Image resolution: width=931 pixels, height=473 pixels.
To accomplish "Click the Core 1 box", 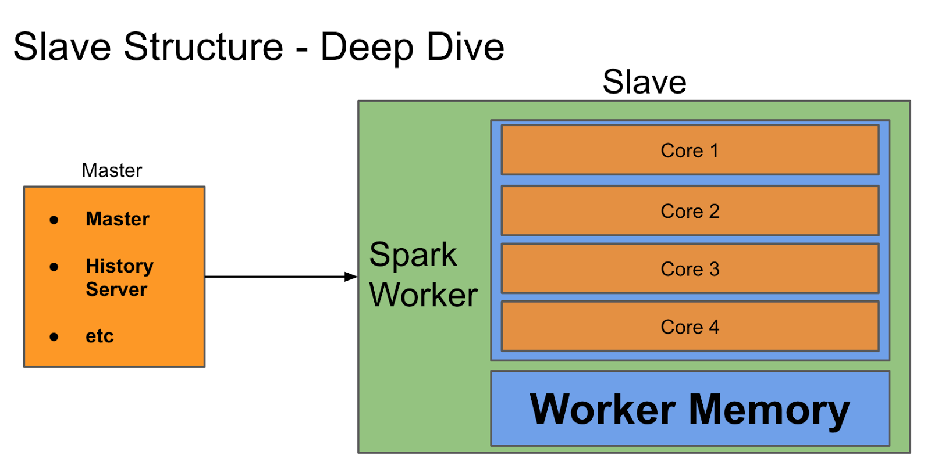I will pyautogui.click(x=690, y=150).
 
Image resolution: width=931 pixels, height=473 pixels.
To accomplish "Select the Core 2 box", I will pyautogui.click(x=690, y=211).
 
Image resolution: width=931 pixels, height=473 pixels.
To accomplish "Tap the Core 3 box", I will pyautogui.click(x=690, y=269).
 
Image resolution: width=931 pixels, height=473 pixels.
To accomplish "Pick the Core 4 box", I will pyautogui.click(x=690, y=327).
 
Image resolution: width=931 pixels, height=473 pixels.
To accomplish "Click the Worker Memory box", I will pyautogui.click(x=690, y=409).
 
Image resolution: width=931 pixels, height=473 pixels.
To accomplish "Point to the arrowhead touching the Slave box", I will pyautogui.click(x=351, y=277).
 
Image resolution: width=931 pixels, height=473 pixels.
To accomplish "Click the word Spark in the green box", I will pyautogui.click(x=413, y=255).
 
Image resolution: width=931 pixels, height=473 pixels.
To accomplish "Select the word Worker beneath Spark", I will pyautogui.click(x=424, y=295).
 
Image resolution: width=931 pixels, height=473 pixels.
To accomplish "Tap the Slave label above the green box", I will pyautogui.click(x=644, y=82).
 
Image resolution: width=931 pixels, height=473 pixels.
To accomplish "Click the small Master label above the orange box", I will pyautogui.click(x=112, y=170).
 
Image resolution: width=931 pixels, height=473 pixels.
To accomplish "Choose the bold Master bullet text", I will pyautogui.click(x=118, y=219).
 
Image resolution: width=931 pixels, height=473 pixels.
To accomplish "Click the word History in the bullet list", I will pyautogui.click(x=119, y=266).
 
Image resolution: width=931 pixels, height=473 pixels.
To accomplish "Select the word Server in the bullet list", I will pyautogui.click(x=116, y=289).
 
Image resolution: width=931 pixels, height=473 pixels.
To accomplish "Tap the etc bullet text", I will pyautogui.click(x=100, y=336).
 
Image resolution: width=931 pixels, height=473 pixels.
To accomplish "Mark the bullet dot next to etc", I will pyautogui.click(x=54, y=336).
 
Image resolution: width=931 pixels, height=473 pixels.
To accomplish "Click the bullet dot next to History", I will pyautogui.click(x=54, y=267).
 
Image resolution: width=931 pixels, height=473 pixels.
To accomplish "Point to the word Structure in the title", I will pyautogui.click(x=203, y=46).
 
